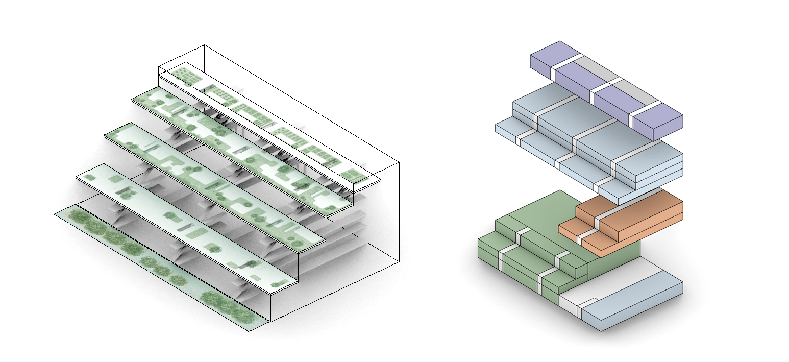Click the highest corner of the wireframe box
tap(205, 45)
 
